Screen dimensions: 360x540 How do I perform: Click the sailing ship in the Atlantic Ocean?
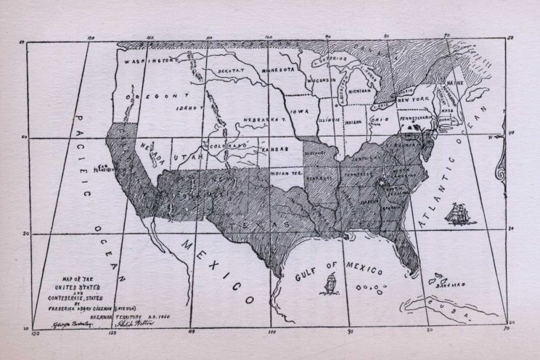tap(459, 213)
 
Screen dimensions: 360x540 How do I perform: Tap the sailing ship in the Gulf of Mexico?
tap(331, 282)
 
